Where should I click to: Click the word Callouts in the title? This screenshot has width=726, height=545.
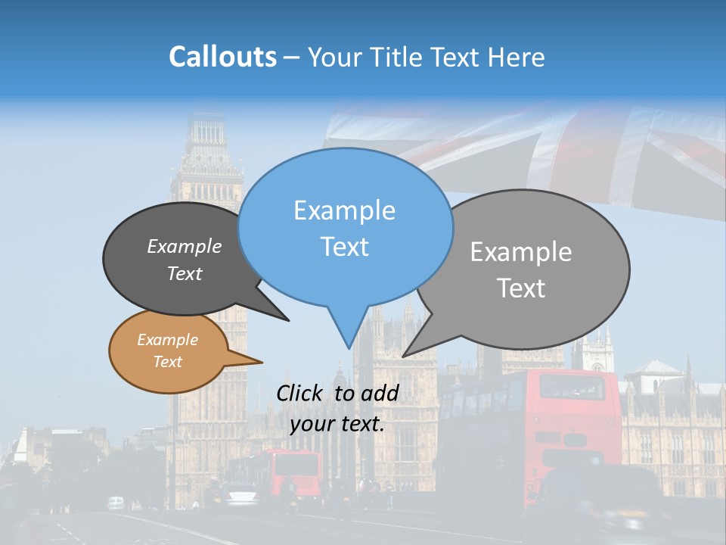[x=222, y=57]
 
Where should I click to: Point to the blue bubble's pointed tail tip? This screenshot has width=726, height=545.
[x=349, y=348]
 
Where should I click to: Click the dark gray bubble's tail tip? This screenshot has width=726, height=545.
[x=288, y=320]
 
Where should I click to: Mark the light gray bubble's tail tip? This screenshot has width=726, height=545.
[x=403, y=356]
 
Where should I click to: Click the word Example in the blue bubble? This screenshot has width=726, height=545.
[x=344, y=210]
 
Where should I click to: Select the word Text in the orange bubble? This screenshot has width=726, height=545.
[x=167, y=362]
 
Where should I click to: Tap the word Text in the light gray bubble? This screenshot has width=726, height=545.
[x=521, y=288]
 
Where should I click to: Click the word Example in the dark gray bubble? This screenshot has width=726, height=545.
[x=184, y=246]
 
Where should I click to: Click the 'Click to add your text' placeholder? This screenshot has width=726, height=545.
[x=337, y=408]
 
